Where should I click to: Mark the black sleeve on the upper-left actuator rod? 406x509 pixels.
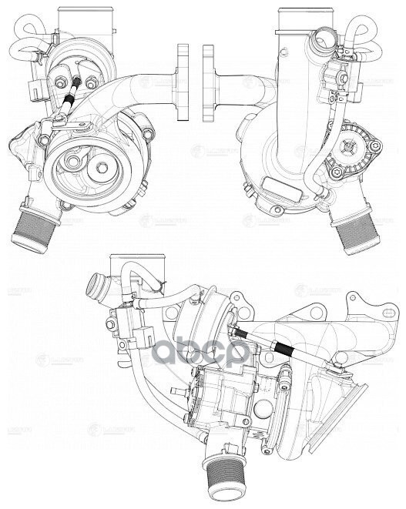pos(69,98)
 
